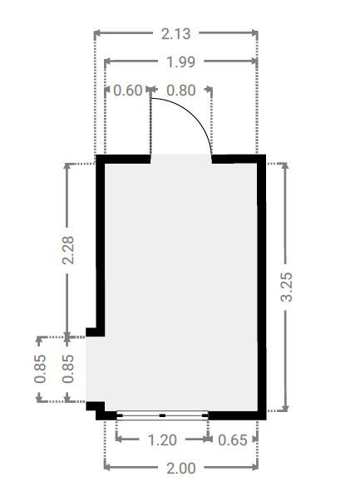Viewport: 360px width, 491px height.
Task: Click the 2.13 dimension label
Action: click(x=175, y=34)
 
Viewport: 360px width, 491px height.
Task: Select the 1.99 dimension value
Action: click(x=180, y=62)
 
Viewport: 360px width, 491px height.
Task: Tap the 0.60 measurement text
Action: click(x=128, y=91)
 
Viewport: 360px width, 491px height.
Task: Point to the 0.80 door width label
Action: click(x=181, y=91)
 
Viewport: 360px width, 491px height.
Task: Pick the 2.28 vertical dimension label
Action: click(x=68, y=250)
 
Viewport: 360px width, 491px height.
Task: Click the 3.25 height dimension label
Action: click(x=286, y=287)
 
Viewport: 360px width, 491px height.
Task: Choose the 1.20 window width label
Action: click(x=162, y=440)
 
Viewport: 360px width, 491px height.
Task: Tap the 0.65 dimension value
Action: click(x=233, y=440)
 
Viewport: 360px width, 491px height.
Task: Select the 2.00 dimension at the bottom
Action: click(x=180, y=469)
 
